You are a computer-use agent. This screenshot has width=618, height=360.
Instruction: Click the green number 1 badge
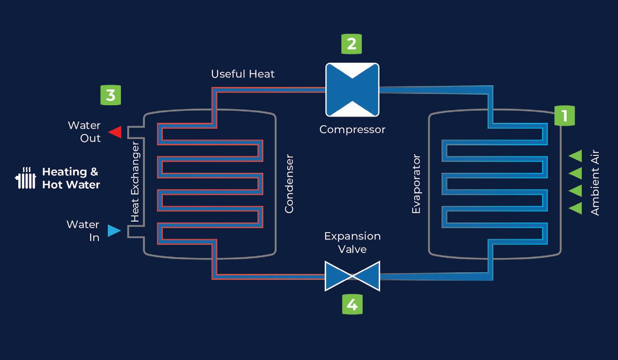coord(565,116)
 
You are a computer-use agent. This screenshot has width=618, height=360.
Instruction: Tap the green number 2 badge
coord(352,44)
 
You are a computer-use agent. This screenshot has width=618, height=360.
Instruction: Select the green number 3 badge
coord(111,95)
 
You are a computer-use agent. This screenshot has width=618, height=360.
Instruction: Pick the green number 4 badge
coord(352,304)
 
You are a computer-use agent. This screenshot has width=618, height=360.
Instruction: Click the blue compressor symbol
coord(352,90)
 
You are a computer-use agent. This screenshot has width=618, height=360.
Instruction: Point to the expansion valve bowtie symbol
coord(352,276)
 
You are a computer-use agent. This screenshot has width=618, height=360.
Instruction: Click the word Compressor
coord(352,129)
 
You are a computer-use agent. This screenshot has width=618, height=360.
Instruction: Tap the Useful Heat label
coord(243,74)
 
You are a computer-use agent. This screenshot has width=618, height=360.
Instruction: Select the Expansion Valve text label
coord(352,243)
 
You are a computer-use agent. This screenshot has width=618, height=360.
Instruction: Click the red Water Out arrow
coord(115,132)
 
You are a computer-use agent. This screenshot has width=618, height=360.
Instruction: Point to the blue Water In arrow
coord(114,231)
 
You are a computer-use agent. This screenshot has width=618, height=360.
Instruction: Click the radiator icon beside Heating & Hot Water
coord(25,178)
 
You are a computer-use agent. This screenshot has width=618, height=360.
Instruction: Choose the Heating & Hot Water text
coord(71,178)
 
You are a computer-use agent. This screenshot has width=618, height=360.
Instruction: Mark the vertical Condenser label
coord(289,184)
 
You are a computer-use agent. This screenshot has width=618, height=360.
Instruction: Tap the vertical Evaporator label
coord(416,184)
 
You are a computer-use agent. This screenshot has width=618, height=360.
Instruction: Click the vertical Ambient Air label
coord(595,183)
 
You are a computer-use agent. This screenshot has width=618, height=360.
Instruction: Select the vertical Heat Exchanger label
coord(135,182)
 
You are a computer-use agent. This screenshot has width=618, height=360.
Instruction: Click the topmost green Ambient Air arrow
coord(576,156)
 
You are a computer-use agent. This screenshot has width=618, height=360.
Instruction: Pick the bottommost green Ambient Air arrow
coord(576,208)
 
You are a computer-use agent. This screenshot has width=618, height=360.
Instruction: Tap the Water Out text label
coord(85,132)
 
